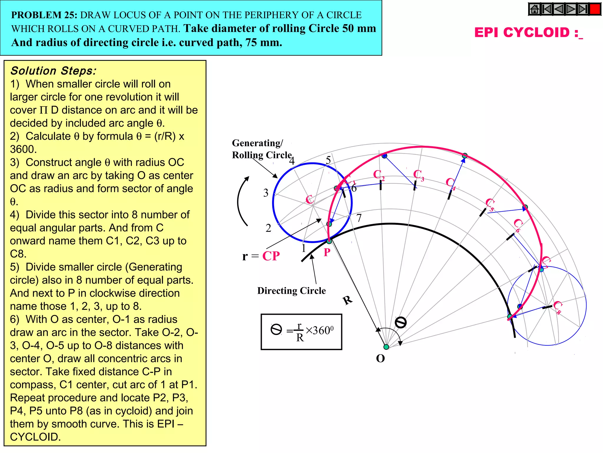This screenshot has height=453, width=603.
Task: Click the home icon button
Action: click(x=534, y=9)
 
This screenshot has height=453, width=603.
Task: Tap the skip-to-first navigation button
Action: click(x=547, y=9)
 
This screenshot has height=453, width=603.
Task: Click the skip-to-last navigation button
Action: click(x=583, y=9)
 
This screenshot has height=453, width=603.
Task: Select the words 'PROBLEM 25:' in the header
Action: click(x=44, y=15)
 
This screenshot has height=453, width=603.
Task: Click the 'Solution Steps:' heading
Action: click(x=53, y=71)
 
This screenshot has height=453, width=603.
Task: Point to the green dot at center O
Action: click(x=386, y=347)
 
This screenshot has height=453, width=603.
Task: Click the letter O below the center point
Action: click(x=380, y=359)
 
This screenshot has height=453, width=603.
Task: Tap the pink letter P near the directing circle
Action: click(x=327, y=252)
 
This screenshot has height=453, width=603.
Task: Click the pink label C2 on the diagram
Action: click(x=378, y=175)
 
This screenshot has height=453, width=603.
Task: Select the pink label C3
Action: click(x=418, y=175)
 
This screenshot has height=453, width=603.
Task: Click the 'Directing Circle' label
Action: click(x=291, y=291)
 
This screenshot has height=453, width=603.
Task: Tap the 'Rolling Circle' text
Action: click(x=262, y=155)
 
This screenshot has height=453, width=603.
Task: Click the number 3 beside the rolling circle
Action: click(x=266, y=193)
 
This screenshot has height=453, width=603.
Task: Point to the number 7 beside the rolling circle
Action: click(x=359, y=218)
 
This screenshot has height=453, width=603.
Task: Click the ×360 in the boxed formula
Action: click(x=319, y=330)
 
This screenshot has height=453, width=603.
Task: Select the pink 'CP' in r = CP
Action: click(x=271, y=256)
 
